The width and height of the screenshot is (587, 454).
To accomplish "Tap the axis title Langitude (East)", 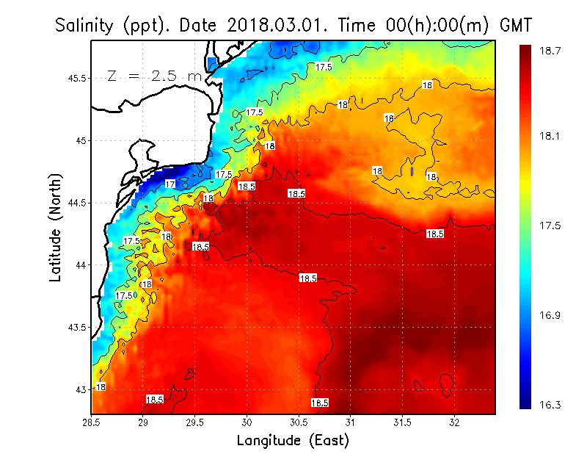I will coord(293,440).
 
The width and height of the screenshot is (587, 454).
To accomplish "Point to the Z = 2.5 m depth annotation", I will coord(153,76).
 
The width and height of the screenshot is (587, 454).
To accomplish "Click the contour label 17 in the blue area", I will coord(170,184).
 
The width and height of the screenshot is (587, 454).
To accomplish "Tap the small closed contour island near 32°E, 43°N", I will coord(447,383).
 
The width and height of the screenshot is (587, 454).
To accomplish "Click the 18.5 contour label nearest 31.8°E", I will coord(435,234).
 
